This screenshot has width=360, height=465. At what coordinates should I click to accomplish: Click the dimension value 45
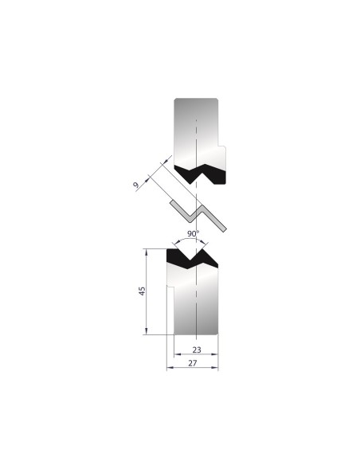coord(143,291)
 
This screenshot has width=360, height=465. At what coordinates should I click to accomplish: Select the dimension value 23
coord(197,350)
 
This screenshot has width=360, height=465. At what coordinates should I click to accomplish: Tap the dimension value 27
coord(193,363)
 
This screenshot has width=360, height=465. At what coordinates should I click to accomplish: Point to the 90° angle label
coord(193,233)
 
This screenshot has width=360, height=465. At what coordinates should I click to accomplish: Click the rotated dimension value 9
coord(136,186)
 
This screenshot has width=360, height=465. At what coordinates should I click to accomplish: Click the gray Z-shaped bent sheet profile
coord(198,215)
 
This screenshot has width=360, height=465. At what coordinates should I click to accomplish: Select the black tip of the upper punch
coord(200,174)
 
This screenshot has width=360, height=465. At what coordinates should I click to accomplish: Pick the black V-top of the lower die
coord(192,259)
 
